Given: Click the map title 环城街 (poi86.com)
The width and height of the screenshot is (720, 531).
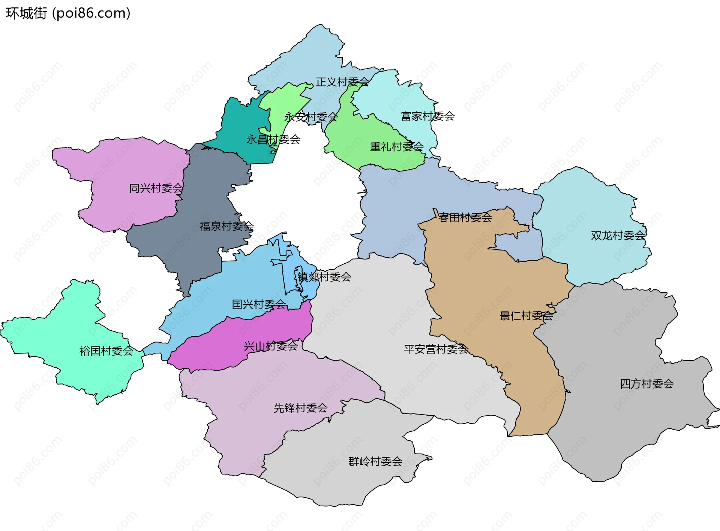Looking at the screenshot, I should (68, 13).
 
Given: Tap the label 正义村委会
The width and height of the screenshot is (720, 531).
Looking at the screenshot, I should (342, 82).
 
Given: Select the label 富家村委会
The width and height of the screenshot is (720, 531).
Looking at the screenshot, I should (427, 116).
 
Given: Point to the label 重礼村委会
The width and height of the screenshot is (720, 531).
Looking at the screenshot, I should (397, 147).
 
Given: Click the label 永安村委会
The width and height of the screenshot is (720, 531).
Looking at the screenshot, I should (311, 117).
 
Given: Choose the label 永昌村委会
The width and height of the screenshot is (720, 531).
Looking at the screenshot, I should (273, 140).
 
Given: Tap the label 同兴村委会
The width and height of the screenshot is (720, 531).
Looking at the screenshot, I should (156, 188).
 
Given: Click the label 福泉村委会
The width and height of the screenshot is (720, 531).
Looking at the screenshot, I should (226, 226).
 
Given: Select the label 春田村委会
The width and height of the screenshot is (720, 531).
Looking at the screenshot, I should (465, 218).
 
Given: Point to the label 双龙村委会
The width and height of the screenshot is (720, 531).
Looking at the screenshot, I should (618, 236).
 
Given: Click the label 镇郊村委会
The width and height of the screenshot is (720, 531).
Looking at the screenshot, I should (324, 277).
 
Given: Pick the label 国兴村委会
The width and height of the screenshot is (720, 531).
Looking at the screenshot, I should (259, 304).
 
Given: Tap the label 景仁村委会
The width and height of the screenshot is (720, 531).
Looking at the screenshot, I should (526, 316).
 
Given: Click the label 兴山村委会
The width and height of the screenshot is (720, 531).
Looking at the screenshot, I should (271, 346).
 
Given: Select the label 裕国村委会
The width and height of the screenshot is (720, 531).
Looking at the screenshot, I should (106, 351).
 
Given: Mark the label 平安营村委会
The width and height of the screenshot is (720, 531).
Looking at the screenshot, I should (436, 349).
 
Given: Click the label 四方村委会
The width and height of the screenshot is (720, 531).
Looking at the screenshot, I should (646, 384).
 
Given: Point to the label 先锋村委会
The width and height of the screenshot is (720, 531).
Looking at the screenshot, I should (300, 408).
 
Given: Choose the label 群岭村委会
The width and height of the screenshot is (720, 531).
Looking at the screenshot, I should (375, 462).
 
